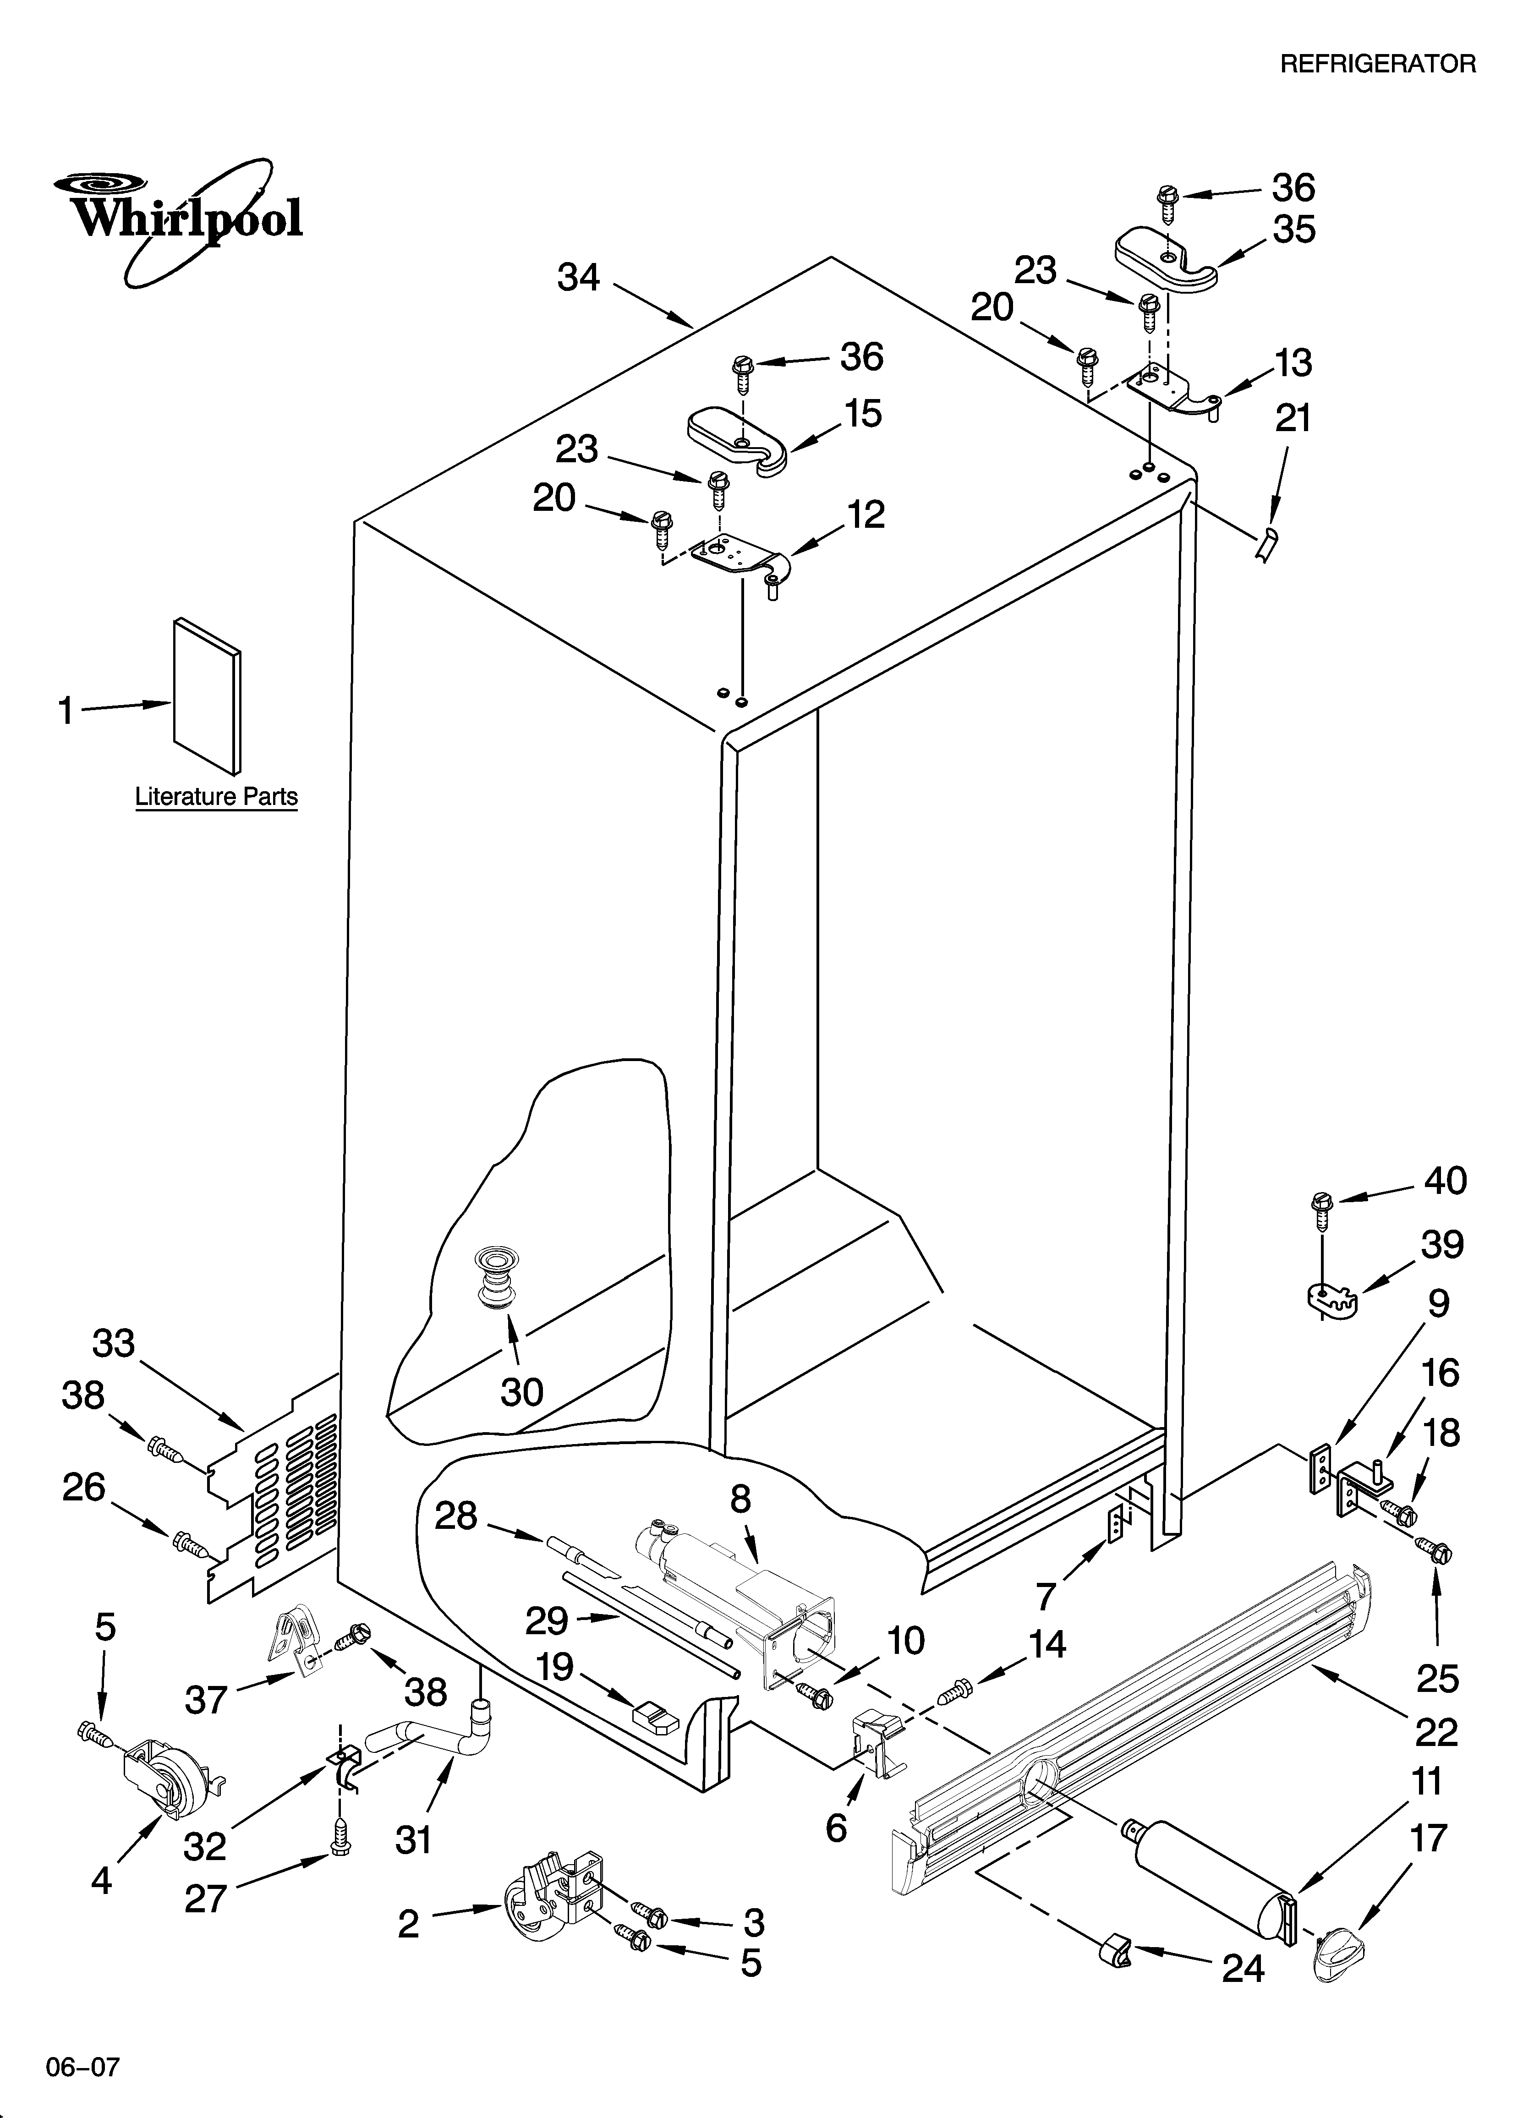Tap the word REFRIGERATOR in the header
pyautogui.click(x=1377, y=64)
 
